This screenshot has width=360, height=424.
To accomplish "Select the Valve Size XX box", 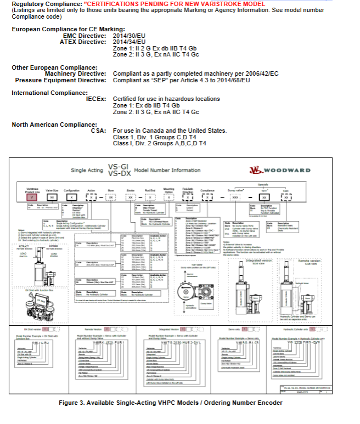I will click(x=52, y=195).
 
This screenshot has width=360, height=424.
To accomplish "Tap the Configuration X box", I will click(x=70, y=195).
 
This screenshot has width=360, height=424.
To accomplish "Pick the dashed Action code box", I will click(x=91, y=195).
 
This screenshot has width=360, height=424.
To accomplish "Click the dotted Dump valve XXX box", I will click(x=235, y=196).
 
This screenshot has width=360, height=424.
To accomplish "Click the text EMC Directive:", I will click(x=86, y=36).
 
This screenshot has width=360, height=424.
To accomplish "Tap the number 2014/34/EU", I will click(x=129, y=41).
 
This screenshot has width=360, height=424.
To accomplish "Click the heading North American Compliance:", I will click(x=50, y=125).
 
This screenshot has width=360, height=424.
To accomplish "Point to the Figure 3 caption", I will click(x=170, y=403).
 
